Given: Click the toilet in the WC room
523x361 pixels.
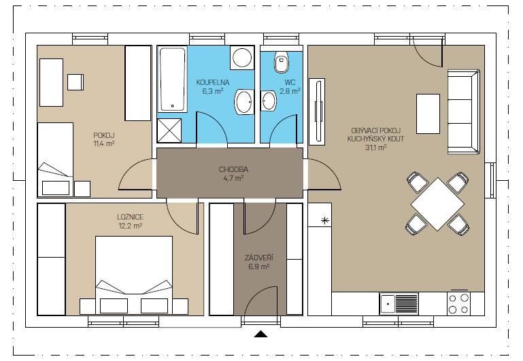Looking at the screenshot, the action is (x=282, y=63).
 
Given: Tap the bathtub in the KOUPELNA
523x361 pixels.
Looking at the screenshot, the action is (x=172, y=80).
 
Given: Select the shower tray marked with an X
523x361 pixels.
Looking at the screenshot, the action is (x=169, y=131).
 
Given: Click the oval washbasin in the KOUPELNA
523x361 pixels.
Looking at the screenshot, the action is (x=243, y=101).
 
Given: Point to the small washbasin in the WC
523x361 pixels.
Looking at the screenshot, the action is (x=269, y=101).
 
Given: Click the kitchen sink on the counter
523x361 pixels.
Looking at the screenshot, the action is (x=399, y=304).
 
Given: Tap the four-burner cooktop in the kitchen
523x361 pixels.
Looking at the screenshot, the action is (x=458, y=304).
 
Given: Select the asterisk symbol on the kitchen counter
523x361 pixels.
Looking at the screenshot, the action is (x=325, y=220).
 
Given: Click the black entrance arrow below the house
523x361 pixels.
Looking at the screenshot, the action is (x=261, y=334).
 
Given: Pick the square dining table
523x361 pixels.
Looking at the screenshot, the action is (x=437, y=204).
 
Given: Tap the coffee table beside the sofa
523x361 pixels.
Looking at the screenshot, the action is (x=428, y=114).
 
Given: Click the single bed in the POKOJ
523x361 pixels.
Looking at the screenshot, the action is (x=55, y=159).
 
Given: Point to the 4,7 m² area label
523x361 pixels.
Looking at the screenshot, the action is (x=233, y=178).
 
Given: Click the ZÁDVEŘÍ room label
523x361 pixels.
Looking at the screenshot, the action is (x=259, y=258).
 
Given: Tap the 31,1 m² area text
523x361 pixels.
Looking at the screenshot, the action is (x=376, y=148).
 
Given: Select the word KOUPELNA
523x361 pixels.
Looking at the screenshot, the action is (x=213, y=82).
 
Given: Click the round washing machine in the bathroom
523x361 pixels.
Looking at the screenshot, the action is (x=242, y=57).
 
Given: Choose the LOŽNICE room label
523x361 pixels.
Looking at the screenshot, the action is (x=130, y=217).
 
